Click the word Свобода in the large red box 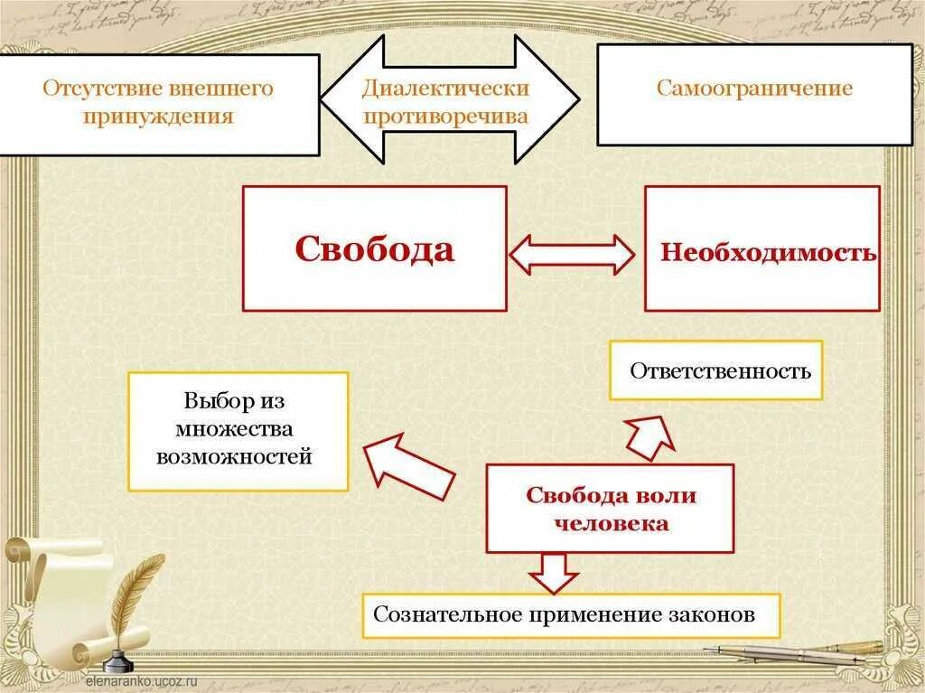point(374,248)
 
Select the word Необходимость point(768,252)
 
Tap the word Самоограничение point(754,89)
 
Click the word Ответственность point(720,370)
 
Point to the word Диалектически point(445,89)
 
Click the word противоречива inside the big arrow point(445,117)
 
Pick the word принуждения point(158,117)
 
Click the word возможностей point(234,456)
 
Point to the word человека point(611,523)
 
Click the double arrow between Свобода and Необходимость point(573,254)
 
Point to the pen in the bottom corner point(795,652)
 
